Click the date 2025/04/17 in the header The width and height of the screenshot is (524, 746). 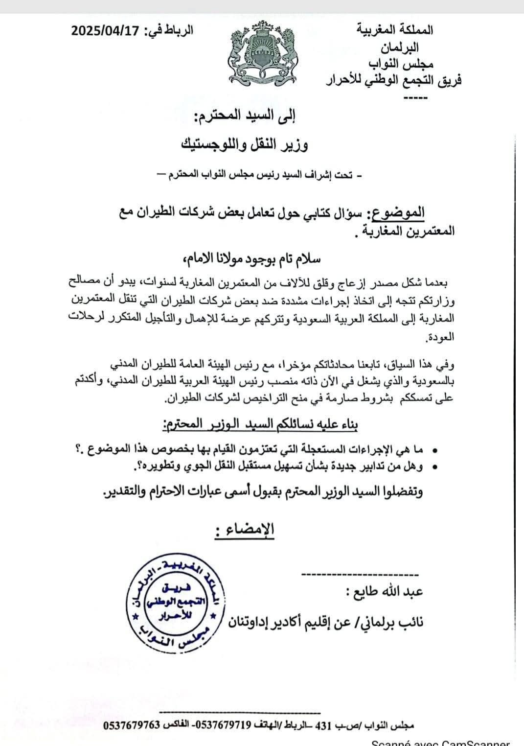coord(105,31)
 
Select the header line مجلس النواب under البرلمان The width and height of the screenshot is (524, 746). coord(402,64)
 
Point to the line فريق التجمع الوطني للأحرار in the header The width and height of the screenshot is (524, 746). coord(394,79)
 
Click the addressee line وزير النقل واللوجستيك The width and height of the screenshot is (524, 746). coord(245,145)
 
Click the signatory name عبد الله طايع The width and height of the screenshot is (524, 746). coord(390,592)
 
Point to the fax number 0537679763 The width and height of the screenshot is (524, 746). coord(132,725)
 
